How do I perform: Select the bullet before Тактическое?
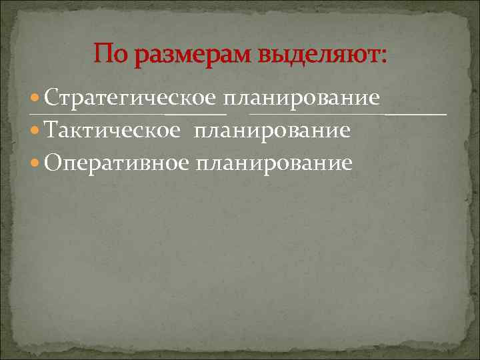click(x=37, y=131)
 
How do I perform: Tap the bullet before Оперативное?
click(x=37, y=163)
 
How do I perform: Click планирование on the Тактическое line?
click(x=272, y=131)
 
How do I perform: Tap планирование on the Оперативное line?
click(x=274, y=163)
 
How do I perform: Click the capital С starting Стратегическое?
click(x=53, y=99)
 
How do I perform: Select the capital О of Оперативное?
click(x=54, y=163)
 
